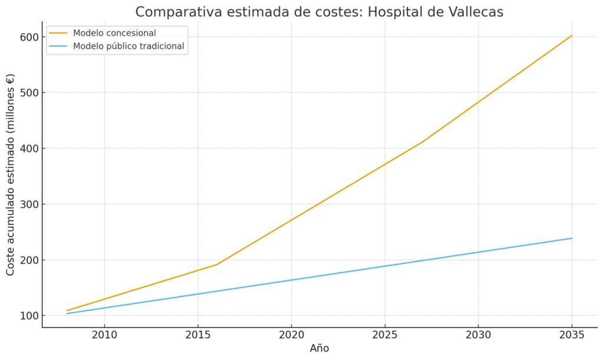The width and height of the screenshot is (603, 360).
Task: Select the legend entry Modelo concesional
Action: (114, 33)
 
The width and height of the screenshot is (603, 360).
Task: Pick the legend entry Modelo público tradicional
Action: (128, 46)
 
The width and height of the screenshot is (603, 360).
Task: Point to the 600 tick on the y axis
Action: (27, 37)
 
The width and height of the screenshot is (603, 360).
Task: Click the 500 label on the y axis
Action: (27, 93)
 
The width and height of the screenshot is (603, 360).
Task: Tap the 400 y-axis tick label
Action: (27, 148)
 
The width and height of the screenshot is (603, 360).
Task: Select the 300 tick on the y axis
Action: (27, 204)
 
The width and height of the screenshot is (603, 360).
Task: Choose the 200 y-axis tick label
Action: (27, 260)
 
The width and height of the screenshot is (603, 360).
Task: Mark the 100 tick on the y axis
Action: (27, 316)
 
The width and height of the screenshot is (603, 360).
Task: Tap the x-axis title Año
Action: (319, 348)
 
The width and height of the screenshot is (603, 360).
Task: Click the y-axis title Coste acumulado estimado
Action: (11, 174)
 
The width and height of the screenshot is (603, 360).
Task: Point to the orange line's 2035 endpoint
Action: (572, 35)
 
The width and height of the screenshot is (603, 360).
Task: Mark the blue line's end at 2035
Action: (572, 238)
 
